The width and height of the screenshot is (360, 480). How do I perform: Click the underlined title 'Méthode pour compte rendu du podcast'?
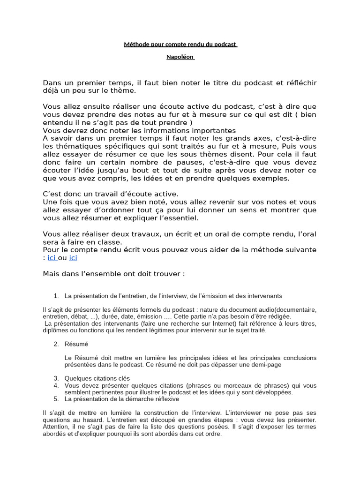pos(180,45)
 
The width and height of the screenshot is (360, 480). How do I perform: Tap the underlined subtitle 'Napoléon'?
pos(180,57)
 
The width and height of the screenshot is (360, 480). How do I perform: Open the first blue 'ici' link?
pos(52,258)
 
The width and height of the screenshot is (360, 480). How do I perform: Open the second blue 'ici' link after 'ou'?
pos(73,258)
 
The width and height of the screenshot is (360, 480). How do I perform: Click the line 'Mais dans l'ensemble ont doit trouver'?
pos(114,274)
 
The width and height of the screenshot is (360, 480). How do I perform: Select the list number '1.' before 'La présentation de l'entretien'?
pos(56,296)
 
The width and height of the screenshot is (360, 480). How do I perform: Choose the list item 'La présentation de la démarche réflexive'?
pos(123,399)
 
